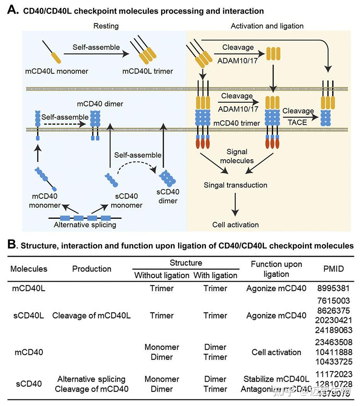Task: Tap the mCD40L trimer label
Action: tap(148, 71)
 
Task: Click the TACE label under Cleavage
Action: tap(297, 122)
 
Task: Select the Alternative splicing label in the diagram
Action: tap(85, 225)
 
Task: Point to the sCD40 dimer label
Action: tap(168, 196)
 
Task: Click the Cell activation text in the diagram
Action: tap(236, 225)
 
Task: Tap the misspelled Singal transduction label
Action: tap(236, 185)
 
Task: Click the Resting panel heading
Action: tap(106, 26)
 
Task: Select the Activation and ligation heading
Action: tap(267, 26)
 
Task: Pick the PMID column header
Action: tap(333, 269)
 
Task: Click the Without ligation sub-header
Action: tap(161, 275)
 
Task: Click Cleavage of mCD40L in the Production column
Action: tap(91, 316)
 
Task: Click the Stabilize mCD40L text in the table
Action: tap(276, 379)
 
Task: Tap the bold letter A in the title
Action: tap(12, 10)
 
